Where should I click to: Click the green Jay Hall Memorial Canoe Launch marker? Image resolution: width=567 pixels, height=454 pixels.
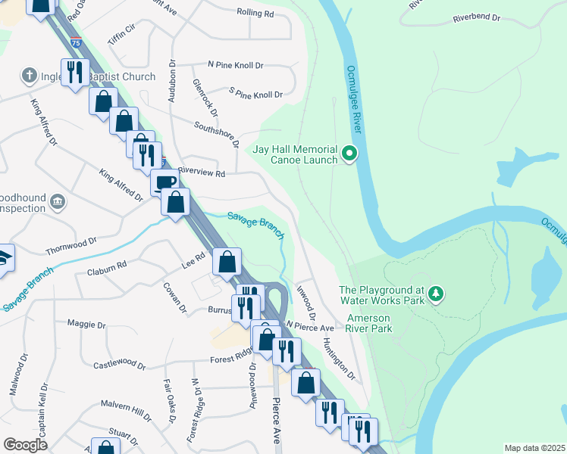349,154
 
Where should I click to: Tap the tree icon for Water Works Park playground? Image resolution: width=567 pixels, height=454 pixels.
436,293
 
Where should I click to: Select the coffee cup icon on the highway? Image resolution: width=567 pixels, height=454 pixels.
164,182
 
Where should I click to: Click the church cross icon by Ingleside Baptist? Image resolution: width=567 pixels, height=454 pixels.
29,76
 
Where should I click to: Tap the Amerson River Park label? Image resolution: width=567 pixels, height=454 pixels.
369,324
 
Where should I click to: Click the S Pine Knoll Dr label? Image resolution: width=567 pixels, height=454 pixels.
255,95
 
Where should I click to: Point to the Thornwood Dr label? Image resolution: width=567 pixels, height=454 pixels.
71,244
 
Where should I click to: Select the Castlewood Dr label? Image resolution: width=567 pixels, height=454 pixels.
119,365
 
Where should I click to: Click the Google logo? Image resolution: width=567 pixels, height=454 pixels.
25,445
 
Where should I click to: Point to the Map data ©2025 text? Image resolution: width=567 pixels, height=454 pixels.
534,448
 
